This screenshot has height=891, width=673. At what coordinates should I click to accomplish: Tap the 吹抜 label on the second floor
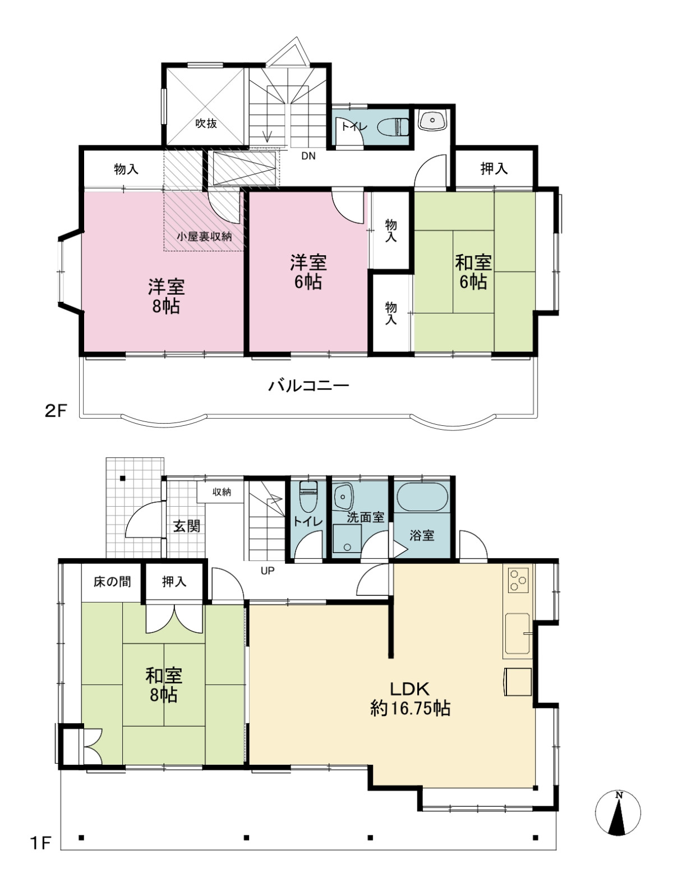point(206,123)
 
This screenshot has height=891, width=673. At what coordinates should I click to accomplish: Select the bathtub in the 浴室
point(422,497)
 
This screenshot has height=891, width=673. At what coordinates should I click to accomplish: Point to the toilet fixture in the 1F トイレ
point(307,497)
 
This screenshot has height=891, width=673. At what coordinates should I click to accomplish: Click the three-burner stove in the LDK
point(518,580)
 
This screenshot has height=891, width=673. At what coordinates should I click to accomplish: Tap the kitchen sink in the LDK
point(517,633)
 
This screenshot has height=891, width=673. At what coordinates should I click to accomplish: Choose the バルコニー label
point(308,385)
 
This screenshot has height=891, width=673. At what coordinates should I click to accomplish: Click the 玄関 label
point(187,526)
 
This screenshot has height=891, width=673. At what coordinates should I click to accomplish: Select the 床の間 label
point(112,582)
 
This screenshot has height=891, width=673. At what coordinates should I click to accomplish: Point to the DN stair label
point(308,156)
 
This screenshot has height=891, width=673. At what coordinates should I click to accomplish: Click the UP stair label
point(268,571)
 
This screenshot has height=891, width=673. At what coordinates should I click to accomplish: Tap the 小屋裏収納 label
point(204,236)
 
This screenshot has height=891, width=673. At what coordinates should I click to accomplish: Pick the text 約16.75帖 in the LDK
point(410,708)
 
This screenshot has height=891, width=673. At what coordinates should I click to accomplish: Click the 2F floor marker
point(55,411)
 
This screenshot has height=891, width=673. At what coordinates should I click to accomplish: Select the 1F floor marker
point(40,842)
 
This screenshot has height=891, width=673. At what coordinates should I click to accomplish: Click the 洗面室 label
point(366,517)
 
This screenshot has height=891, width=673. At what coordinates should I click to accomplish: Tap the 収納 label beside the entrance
point(222,492)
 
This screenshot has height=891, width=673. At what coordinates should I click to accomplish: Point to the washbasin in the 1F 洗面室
point(344,497)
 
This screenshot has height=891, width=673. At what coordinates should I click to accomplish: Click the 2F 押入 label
point(494,168)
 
